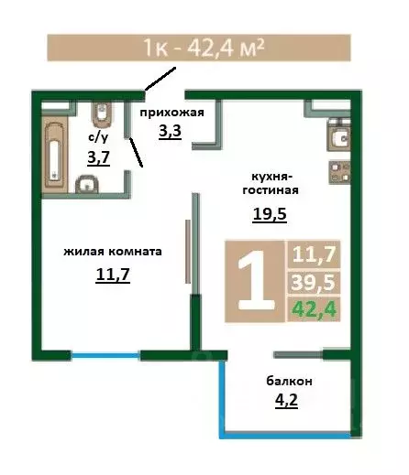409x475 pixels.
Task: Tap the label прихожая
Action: pos(170,113)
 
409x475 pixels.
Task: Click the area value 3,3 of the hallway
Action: pos(170,131)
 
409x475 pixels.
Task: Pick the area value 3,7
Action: pos(97,157)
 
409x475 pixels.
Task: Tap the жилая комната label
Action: pos(113,250)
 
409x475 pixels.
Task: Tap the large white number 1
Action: pos(256,279)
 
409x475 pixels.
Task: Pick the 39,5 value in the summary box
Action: pos(312,281)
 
